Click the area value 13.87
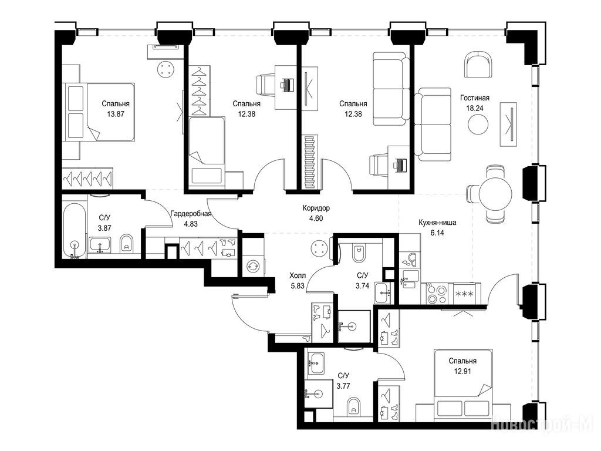[116, 114]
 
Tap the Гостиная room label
[474, 98]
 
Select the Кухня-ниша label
[437, 223]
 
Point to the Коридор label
[316, 208]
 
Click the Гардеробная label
[191, 214]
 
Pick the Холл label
[298, 275]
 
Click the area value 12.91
[462, 371]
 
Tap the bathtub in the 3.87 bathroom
[75, 231]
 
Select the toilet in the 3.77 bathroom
[353, 407]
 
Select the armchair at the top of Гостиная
[478, 65]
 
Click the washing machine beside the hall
[252, 266]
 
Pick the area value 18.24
[474, 108]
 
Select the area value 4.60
[316, 218]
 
